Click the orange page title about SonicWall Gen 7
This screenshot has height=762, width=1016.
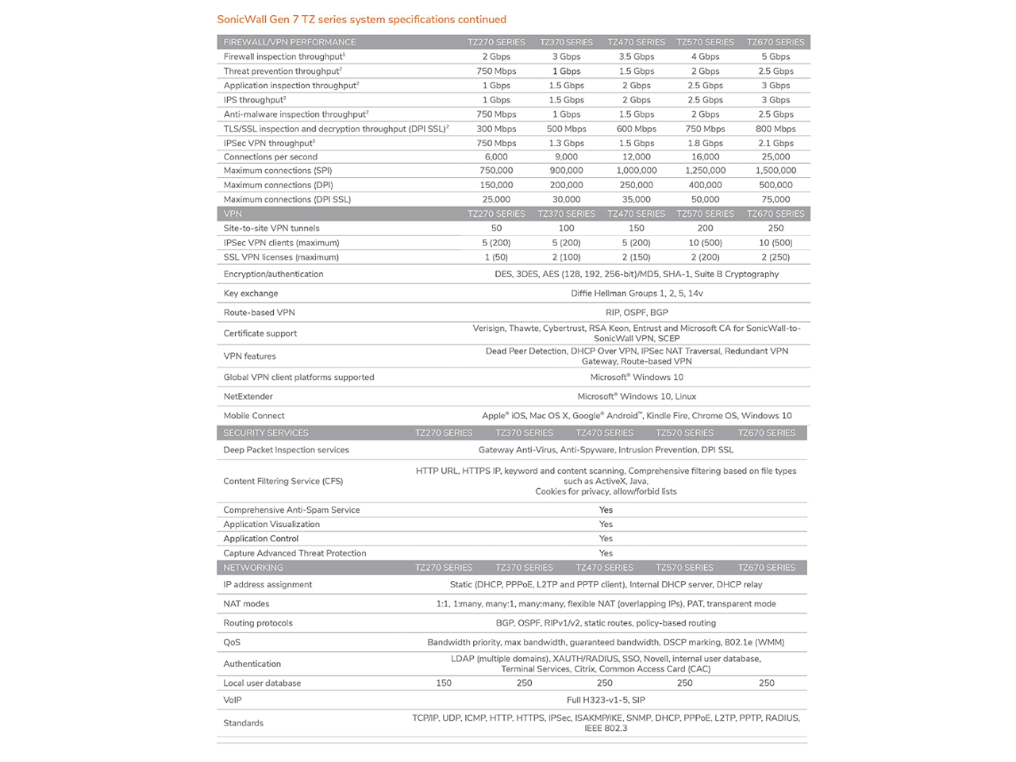[361, 19]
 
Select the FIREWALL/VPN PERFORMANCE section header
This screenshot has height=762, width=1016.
[290, 42]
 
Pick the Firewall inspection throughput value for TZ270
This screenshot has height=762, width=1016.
[496, 56]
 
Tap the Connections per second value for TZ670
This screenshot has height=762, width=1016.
[775, 156]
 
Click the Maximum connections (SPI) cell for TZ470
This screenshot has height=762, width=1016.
[636, 171]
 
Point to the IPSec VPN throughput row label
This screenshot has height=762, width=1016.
[269, 143]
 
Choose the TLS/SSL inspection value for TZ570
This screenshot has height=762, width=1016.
[705, 129]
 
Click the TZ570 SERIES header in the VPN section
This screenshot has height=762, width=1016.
[705, 214]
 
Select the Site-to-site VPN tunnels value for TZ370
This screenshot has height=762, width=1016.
[566, 228]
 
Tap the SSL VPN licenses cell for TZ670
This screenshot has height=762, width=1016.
[775, 257]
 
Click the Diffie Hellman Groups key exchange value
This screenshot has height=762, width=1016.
[637, 293]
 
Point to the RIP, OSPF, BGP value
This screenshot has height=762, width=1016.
[637, 313]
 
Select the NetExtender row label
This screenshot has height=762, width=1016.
[248, 396]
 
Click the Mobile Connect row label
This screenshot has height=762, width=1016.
[254, 415]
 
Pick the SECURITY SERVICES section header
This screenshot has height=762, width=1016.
[266, 433]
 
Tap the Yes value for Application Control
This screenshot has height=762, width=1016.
[606, 538]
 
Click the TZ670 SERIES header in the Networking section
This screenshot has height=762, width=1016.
[766, 568]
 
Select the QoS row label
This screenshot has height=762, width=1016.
[232, 642]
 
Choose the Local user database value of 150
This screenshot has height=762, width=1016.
[444, 683]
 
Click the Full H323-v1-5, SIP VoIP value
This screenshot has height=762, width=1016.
[606, 700]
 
